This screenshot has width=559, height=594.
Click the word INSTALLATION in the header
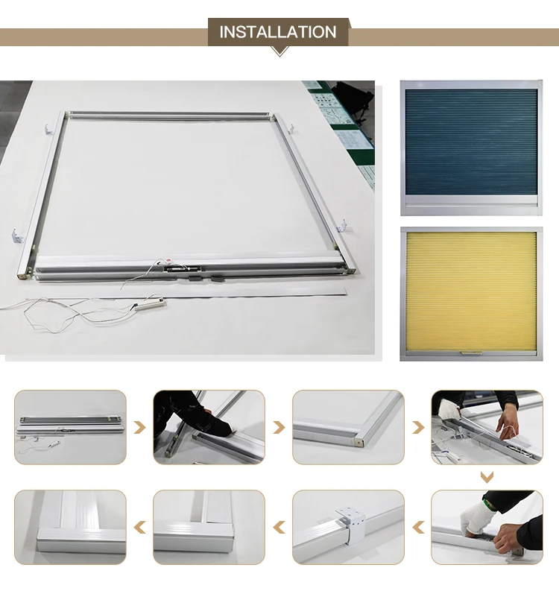click(277, 32)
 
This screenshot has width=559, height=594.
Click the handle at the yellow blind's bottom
click(471, 353)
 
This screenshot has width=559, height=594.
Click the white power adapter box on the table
click(151, 305)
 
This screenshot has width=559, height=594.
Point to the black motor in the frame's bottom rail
click(182, 269)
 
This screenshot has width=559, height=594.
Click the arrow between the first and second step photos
click(140, 428)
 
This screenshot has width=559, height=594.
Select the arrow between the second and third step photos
click(279, 428)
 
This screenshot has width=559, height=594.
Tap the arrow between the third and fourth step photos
click(418, 428)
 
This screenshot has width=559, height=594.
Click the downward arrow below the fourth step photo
click(487, 477)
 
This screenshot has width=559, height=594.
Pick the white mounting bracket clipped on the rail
click(350, 524)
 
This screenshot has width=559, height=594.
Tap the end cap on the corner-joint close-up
click(358, 441)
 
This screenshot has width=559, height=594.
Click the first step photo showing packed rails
click(71, 427)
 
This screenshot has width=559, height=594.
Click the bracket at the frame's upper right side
click(291, 128)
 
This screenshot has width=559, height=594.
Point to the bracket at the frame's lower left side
click(18, 236)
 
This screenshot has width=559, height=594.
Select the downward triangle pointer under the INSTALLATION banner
click(279, 51)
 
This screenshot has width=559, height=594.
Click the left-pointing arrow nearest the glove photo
click(418, 528)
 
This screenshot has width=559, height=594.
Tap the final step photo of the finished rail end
click(71, 528)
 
